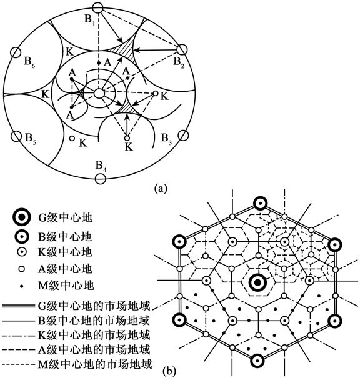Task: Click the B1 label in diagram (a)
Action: coord(89,20)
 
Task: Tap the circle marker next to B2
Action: coord(182,50)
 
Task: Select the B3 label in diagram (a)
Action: coord(167,139)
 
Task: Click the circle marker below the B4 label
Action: coord(100,179)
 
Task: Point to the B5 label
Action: coord(31,139)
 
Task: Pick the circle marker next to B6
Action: coord(16,52)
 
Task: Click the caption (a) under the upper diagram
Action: coord(160,188)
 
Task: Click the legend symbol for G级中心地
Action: coord(22,217)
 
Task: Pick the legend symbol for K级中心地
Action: coord(22,252)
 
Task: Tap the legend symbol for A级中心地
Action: coord(22,269)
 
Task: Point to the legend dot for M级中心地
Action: coord(22,286)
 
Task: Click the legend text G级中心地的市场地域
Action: coord(94,306)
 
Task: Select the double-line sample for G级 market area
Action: coord(18,306)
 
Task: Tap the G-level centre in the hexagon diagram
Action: coord(257,282)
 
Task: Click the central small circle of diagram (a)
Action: coord(99,93)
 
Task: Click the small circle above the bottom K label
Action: coord(127,138)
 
